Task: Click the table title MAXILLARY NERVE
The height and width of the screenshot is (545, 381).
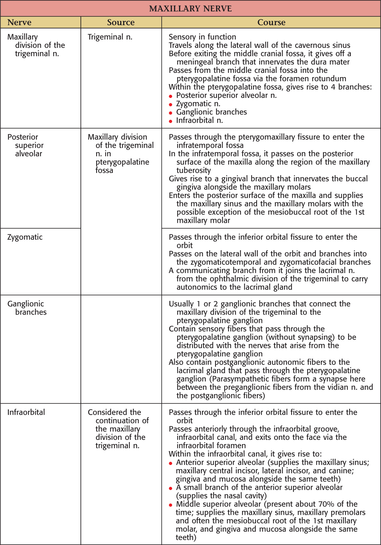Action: (x=190, y=9)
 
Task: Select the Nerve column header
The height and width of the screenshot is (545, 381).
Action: (x=19, y=22)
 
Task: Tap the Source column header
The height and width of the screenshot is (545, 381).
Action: (x=121, y=22)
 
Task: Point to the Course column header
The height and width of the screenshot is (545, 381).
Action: (x=271, y=22)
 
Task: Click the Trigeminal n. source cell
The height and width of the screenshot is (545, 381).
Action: (x=110, y=37)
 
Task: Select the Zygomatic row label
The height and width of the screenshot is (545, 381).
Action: (x=25, y=237)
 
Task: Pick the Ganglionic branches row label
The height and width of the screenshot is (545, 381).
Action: (x=27, y=308)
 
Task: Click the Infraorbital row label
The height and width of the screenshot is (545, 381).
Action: (x=26, y=412)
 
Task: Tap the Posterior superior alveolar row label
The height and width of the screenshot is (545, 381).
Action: (x=25, y=145)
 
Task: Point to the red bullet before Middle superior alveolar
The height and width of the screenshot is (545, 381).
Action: (x=170, y=505)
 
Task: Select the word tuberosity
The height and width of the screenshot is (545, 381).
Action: (x=194, y=170)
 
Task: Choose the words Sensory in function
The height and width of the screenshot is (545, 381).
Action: (x=202, y=37)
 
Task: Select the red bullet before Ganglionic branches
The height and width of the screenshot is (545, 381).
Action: (x=170, y=113)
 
